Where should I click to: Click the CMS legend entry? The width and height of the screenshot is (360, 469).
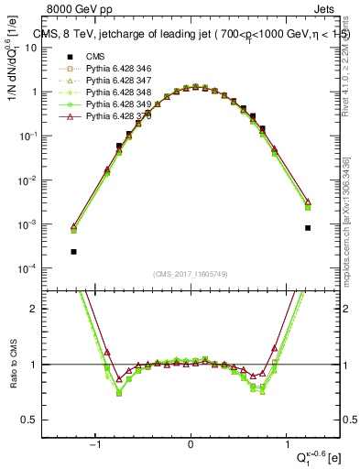point(95,55)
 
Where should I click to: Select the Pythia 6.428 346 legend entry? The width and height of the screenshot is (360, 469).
point(115,68)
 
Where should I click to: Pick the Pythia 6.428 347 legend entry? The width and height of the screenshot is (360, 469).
point(115,81)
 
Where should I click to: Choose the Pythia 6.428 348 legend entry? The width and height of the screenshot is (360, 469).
point(115,93)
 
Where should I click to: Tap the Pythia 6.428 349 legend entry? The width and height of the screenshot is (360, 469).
point(115,104)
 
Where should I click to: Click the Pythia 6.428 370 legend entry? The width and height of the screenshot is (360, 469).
point(115,117)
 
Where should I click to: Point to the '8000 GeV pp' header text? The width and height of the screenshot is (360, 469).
point(76,9)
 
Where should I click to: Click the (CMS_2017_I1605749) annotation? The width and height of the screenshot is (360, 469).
point(191,274)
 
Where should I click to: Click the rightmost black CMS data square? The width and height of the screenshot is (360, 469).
point(308,228)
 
